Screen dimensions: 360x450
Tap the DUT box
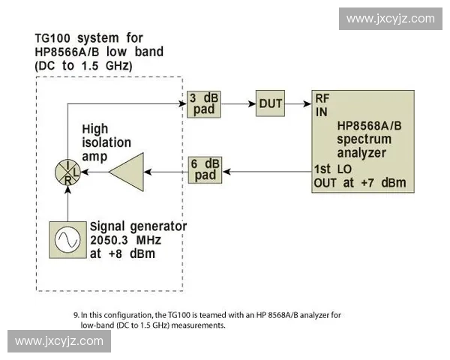coord(270,103)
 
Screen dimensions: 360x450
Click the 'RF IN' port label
coord(322,106)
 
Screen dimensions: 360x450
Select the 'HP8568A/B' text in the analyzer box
coord(369,125)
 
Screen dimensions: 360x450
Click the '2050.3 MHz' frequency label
coord(125,240)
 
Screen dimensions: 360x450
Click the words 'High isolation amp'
coord(106,142)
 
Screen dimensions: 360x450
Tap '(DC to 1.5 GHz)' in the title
coord(83,66)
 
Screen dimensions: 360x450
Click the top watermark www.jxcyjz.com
coord(390,19)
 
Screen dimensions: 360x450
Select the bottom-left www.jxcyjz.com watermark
coord(59,341)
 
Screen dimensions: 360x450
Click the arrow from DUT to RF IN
coord(299,103)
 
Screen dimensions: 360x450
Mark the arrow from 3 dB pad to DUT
coord(238,103)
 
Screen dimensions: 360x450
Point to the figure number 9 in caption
coord(76,315)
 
